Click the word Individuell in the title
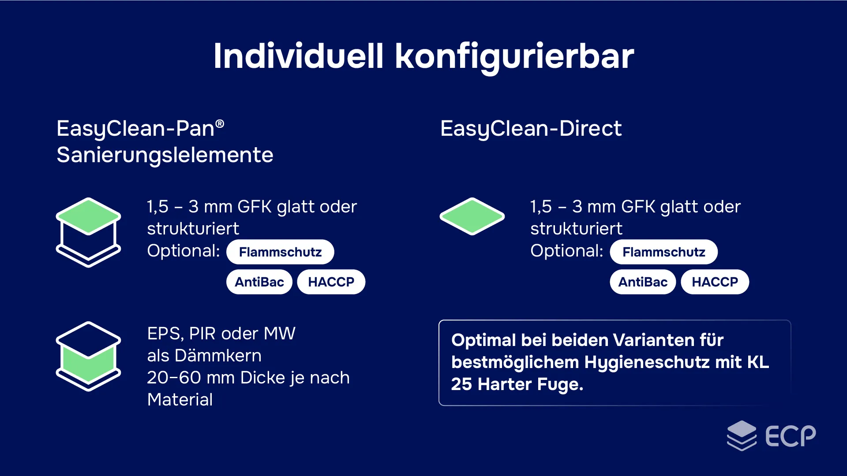(x=299, y=56)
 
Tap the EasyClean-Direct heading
(x=531, y=129)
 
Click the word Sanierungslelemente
(x=165, y=155)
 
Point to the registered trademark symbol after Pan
(x=220, y=124)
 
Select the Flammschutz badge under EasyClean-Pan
(x=280, y=252)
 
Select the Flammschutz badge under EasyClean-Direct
(x=663, y=252)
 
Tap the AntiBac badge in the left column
(x=259, y=282)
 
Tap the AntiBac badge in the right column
(x=643, y=282)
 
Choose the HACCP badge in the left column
(x=331, y=282)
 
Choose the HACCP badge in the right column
(x=715, y=282)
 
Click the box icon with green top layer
(x=88, y=232)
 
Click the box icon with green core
(x=88, y=356)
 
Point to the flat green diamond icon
(x=472, y=216)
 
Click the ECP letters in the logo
(x=790, y=436)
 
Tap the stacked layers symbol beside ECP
(x=742, y=435)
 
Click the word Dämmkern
(x=218, y=356)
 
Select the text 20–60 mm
(x=191, y=378)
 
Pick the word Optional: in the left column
(x=184, y=251)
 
